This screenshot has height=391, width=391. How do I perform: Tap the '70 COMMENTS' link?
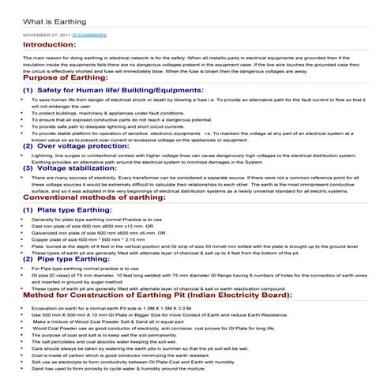pos(88,36)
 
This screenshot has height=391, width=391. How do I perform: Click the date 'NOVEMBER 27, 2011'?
pos(46,36)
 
